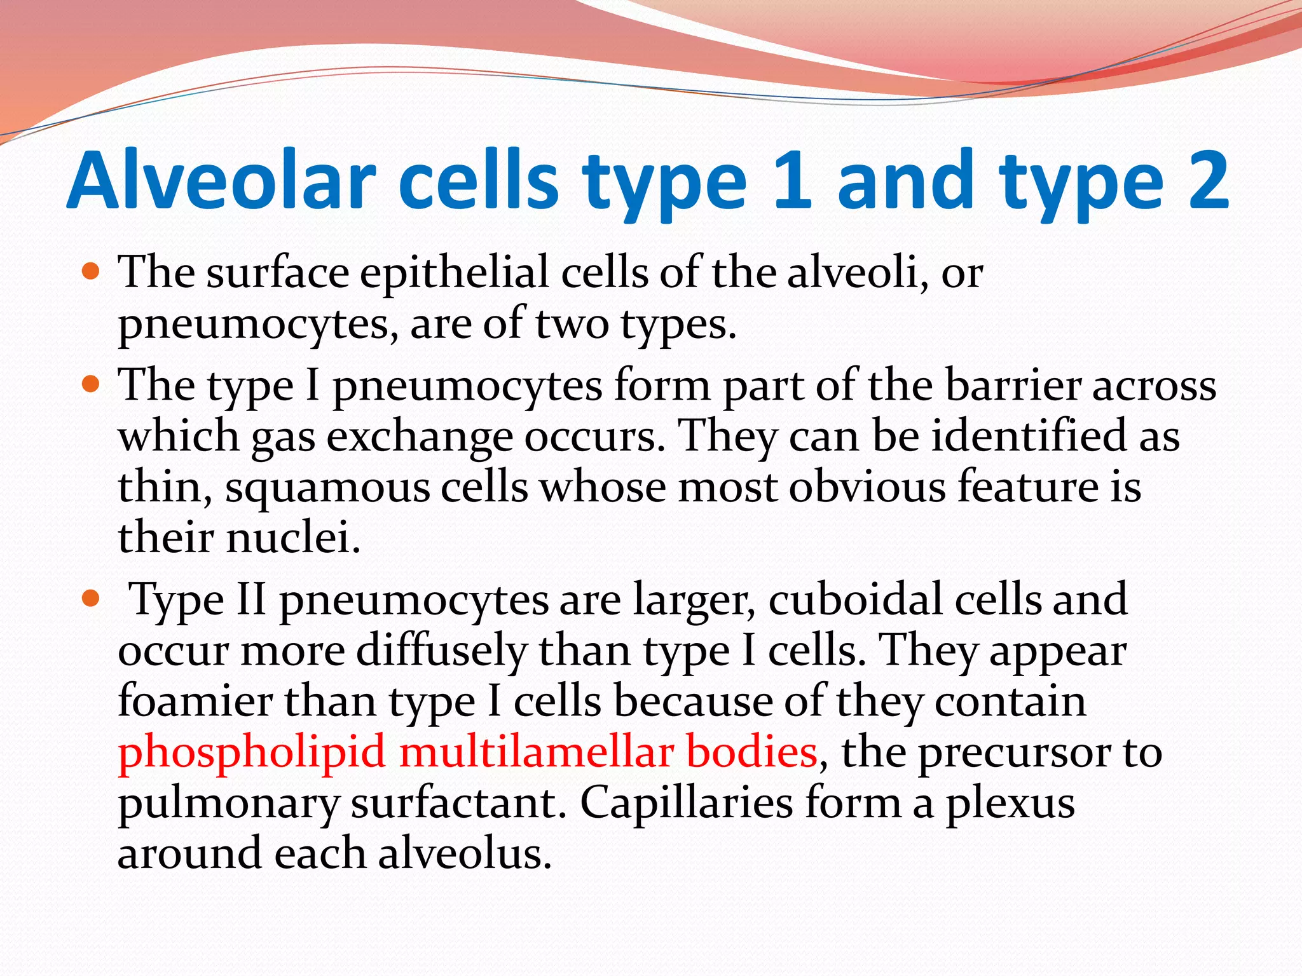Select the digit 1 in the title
793,180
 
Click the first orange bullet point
92,272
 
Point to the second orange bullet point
92,384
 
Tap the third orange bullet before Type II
92,599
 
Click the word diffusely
441,651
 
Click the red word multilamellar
537,752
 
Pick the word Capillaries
687,803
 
